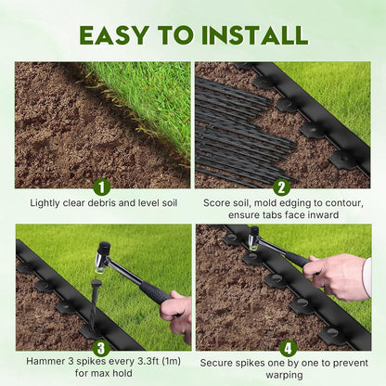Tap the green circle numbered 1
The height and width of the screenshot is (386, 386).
pyautogui.click(x=102, y=187)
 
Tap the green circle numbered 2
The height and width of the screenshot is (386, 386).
pyautogui.click(x=282, y=187)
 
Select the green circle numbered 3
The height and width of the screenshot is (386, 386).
pyautogui.click(x=102, y=348)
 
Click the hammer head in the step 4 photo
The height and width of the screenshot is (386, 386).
pyautogui.click(x=253, y=237)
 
